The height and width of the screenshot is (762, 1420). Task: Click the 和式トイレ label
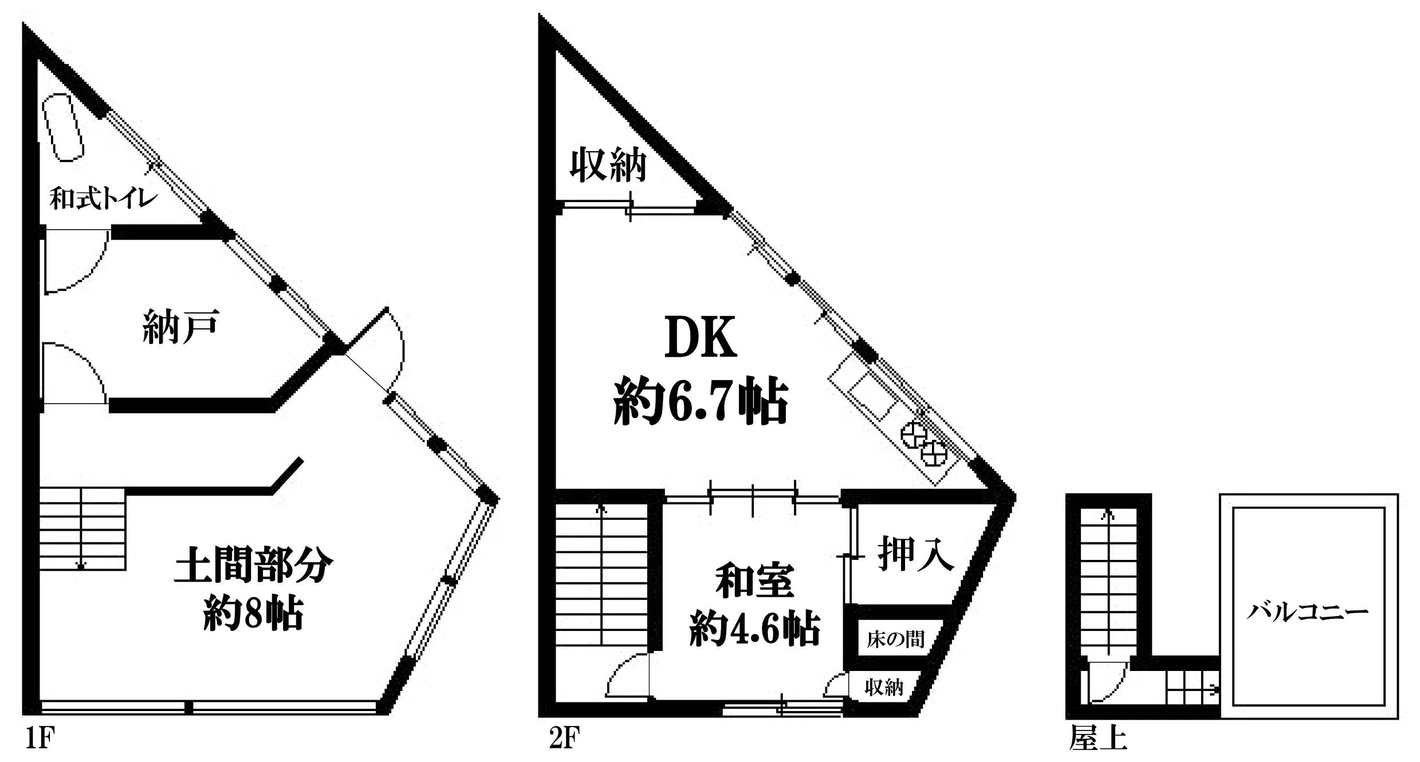[104, 199]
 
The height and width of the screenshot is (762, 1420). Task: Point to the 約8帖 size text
[253, 613]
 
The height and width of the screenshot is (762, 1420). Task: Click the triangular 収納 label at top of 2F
[608, 165]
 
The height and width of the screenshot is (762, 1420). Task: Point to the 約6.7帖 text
[700, 402]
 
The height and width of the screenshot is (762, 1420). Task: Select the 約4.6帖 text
[754, 629]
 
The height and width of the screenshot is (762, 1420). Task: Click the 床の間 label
[895, 639]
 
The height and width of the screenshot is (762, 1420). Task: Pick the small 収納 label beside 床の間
[883, 687]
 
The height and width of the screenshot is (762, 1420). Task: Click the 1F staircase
[82, 528]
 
